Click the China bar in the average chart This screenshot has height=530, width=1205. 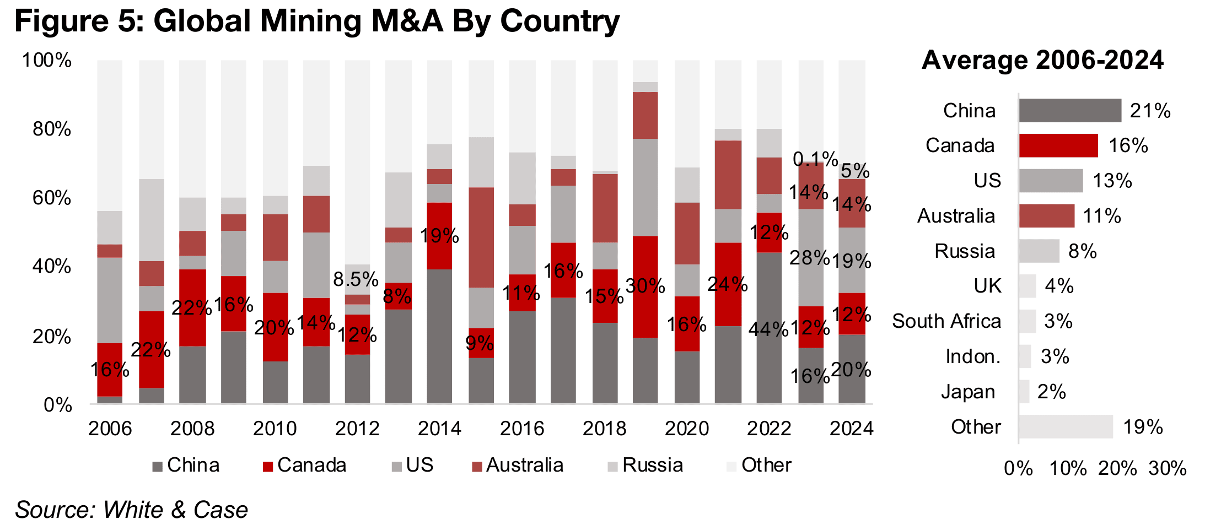[x=1069, y=110]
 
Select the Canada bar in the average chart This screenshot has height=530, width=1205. [x=1058, y=145]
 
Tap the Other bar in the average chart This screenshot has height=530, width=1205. [x=1065, y=427]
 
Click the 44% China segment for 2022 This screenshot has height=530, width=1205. [x=769, y=328]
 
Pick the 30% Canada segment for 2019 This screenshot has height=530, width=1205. [x=645, y=286]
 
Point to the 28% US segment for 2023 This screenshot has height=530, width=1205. [x=811, y=257]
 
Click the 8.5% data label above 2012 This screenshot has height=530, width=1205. [x=356, y=279]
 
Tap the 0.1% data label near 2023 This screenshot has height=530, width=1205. [x=815, y=159]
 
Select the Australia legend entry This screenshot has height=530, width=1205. [x=518, y=466]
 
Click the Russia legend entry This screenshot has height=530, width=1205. [x=645, y=466]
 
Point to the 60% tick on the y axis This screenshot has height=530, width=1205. [x=52, y=198]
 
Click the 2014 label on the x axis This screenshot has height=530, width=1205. [x=439, y=428]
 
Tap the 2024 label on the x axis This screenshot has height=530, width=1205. [x=851, y=428]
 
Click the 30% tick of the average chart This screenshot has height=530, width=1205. [x=1168, y=468]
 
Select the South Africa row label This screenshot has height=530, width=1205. [x=946, y=321]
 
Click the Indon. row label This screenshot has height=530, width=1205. [x=973, y=356]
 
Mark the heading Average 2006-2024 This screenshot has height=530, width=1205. [x=1042, y=60]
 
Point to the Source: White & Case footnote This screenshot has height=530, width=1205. [x=131, y=510]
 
